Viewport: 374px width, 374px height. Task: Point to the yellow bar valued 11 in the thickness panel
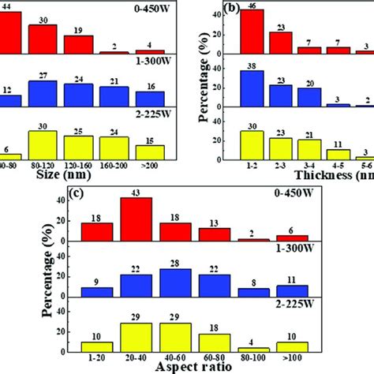(338, 154)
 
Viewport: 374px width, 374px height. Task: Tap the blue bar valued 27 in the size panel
(42, 93)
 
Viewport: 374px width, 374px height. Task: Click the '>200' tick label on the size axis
(150, 167)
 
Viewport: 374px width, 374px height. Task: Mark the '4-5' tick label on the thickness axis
(338, 167)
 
